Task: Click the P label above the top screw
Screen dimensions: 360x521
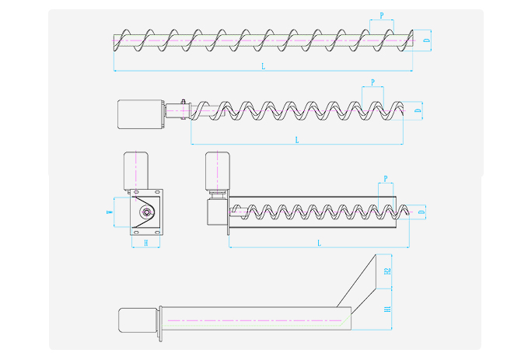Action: [x=381, y=16]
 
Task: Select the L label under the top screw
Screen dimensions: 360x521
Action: [x=263, y=68]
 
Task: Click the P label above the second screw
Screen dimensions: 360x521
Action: [x=373, y=82]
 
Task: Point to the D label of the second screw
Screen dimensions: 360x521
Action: [x=418, y=112]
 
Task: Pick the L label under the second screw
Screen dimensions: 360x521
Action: [x=296, y=140]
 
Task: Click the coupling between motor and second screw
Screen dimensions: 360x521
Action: [x=184, y=111]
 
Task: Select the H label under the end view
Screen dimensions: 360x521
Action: [x=145, y=243]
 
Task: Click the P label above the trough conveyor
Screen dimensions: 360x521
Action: [x=385, y=179]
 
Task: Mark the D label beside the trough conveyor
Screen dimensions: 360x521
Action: [x=421, y=211]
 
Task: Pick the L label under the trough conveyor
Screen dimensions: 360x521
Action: [x=319, y=243]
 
